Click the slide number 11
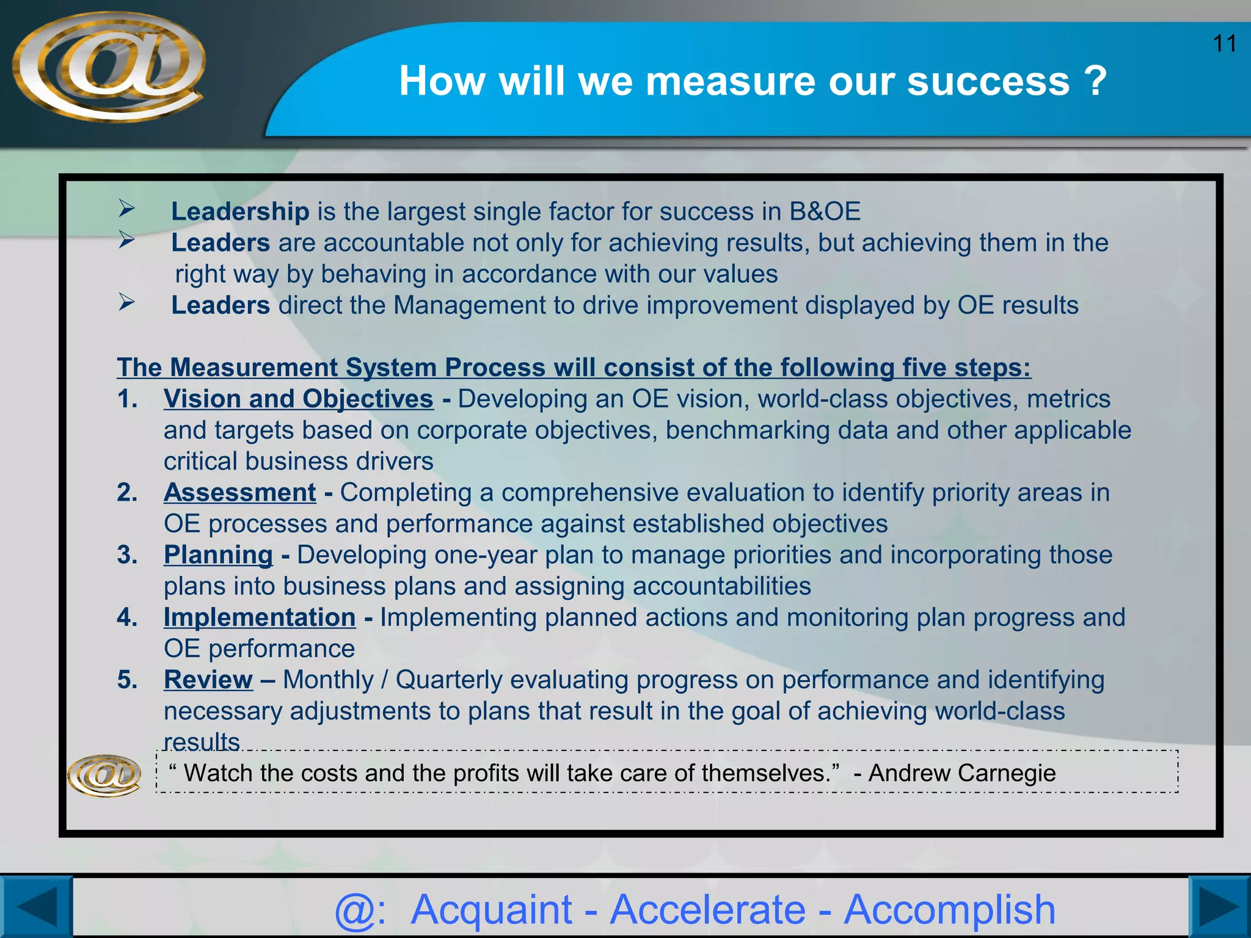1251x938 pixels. pos(1224,44)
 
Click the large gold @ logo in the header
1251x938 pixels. pos(109,66)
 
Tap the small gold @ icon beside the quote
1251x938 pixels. pos(104,775)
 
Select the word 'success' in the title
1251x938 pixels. pos(988,81)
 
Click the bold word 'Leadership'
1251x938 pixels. pos(240,212)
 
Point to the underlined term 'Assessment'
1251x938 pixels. pos(239,493)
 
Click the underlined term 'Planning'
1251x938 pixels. pos(218,555)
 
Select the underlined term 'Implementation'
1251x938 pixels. pos(260,617)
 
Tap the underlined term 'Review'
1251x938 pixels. pos(208,680)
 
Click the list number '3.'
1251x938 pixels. pos(127,555)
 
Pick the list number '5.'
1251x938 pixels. pos(127,680)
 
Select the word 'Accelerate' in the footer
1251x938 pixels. pos(708,909)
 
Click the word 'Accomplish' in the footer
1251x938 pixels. pos(949,909)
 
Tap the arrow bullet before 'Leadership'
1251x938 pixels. pos(126,209)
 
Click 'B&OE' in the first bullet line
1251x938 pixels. pos(825,212)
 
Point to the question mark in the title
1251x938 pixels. pos(1096,81)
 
